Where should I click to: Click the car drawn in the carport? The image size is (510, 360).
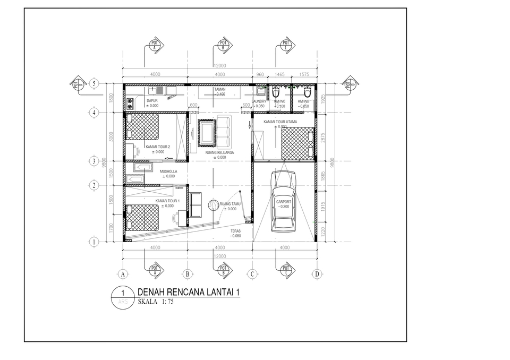[283, 203]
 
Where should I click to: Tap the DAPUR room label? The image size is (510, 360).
[152, 100]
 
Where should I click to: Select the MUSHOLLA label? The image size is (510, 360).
[168, 172]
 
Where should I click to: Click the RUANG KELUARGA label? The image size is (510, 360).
[219, 152]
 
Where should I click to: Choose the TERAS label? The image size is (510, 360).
[236, 231]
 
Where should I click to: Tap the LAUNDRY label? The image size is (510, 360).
[259, 101]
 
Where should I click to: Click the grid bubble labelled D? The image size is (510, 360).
[317, 274]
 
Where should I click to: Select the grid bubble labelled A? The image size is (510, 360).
[123, 274]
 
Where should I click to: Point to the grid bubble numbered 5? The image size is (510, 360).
[94, 83]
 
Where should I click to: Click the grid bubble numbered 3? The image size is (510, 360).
[94, 161]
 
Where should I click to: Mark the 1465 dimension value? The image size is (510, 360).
[280, 75]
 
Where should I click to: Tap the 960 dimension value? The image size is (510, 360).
[260, 75]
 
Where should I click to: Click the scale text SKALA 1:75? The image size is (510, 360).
[156, 302]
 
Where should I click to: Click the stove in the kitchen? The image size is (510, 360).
[130, 102]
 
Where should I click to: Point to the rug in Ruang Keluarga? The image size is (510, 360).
[206, 133]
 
